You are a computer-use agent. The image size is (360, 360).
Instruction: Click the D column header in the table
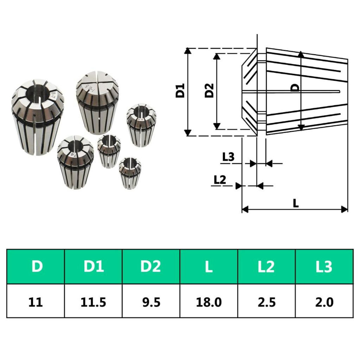point(36,266)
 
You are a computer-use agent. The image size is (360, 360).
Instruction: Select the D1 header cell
point(93,266)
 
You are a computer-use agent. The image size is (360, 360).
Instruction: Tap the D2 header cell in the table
point(151,266)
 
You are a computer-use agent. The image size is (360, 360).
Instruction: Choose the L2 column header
point(266,266)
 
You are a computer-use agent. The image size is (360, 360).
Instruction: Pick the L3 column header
point(324,266)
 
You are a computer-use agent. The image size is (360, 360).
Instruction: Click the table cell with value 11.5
point(93,301)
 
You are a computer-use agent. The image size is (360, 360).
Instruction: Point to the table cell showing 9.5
point(151,301)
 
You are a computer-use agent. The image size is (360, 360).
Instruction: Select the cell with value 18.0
point(209,301)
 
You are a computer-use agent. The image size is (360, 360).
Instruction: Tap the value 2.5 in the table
point(266,301)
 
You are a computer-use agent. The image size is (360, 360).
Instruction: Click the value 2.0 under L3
point(324,301)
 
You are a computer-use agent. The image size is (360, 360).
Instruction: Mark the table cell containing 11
point(36,301)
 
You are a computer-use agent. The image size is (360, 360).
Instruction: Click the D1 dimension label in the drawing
point(180,91)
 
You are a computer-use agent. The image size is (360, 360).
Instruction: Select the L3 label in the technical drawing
point(228,157)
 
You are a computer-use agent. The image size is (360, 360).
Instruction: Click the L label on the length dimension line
point(296,203)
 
